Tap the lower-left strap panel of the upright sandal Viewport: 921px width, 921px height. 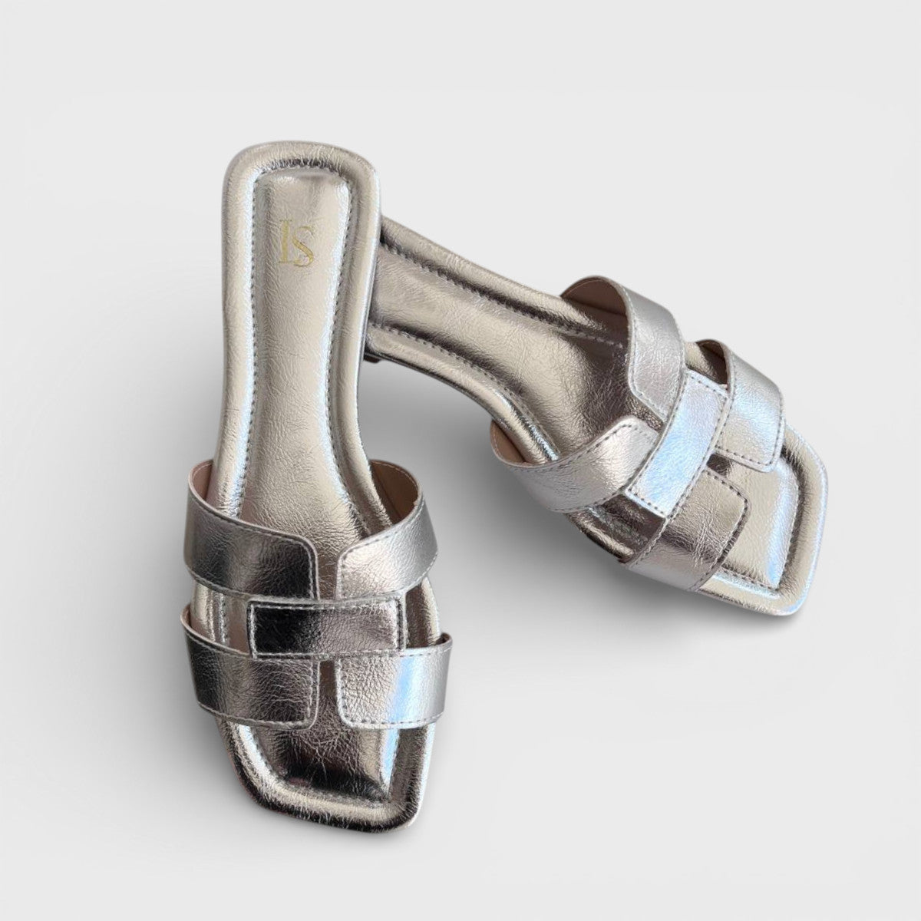(x=230, y=675)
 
